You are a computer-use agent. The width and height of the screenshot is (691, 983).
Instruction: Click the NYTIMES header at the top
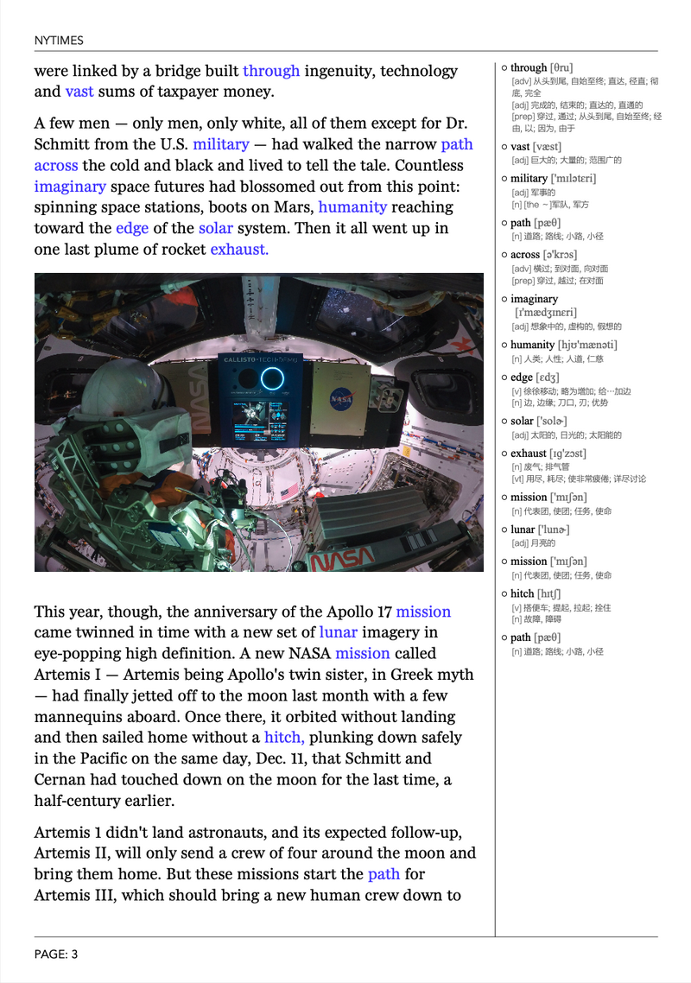coord(59,41)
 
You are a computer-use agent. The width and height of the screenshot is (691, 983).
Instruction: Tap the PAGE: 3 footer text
coord(56,954)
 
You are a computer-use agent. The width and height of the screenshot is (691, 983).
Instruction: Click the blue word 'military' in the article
coord(221,144)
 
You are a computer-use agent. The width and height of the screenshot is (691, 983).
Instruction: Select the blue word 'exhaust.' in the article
coord(239,250)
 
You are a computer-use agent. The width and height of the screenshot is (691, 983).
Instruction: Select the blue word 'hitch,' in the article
coord(284,738)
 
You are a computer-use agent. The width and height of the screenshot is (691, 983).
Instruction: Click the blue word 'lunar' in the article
coord(338,633)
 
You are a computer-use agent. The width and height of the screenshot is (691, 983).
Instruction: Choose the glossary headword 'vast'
coord(520,147)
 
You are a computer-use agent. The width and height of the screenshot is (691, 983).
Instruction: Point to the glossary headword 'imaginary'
coord(534,299)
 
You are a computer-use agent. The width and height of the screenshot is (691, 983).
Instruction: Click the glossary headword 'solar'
coord(521,422)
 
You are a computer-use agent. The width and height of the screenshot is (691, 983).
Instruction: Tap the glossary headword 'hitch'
coord(522,593)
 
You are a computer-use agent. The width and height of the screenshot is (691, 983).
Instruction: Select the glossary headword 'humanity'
coord(533,345)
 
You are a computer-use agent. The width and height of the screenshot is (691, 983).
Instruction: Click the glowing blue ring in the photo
coord(273,377)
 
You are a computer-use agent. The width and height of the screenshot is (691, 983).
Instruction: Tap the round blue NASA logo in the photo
coord(340,399)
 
